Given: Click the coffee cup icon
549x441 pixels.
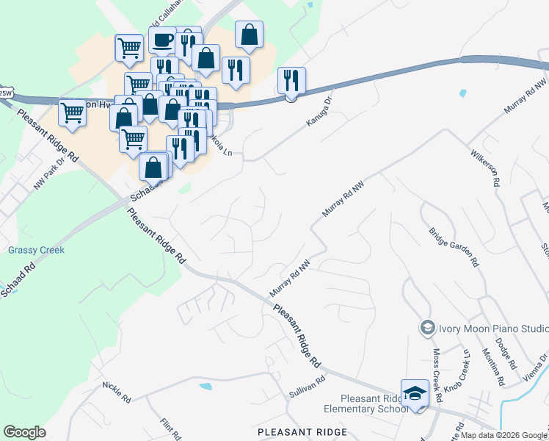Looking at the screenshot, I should pyautogui.click(x=162, y=39).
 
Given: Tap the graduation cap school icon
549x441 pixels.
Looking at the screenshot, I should pyautogui.click(x=415, y=392).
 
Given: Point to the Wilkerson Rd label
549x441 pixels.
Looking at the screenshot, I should pyautogui.click(x=484, y=170).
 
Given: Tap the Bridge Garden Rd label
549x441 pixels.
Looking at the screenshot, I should pyautogui.click(x=454, y=246).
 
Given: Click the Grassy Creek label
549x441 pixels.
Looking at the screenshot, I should pyautogui.click(x=37, y=250).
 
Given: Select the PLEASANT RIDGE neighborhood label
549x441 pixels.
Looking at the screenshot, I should pyautogui.click(x=302, y=432).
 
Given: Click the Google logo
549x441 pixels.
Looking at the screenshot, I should pyautogui.click(x=24, y=431).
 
